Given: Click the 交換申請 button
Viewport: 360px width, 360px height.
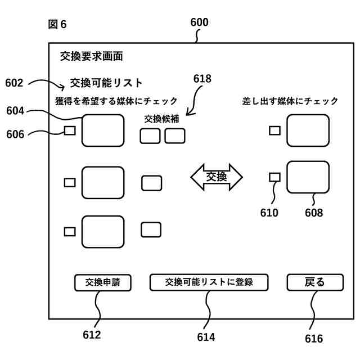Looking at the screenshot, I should (x=102, y=282).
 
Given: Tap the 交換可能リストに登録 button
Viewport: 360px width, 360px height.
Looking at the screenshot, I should (x=209, y=282).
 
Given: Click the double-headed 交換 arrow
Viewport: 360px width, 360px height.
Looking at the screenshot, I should (x=217, y=177).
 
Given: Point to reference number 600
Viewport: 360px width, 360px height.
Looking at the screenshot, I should (x=199, y=22).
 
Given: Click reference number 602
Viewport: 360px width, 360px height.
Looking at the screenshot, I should (x=14, y=83).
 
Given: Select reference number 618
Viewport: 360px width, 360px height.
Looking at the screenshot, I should (x=202, y=79).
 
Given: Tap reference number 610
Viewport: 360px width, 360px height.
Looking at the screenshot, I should (x=269, y=213).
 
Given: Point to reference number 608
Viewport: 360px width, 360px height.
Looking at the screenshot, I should (x=314, y=213).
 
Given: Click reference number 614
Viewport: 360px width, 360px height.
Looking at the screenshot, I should (x=206, y=337).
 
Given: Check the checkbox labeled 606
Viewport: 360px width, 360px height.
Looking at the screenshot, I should (x=70, y=130).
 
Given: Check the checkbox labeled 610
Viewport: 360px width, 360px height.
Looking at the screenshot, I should (x=274, y=177).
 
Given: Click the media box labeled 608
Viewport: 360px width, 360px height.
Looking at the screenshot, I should (x=308, y=177).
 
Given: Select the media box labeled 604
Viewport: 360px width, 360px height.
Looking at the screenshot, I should (x=103, y=130).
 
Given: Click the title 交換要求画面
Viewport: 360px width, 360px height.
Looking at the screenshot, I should (x=92, y=56).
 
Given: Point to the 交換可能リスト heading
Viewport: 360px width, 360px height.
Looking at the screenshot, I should (x=106, y=83).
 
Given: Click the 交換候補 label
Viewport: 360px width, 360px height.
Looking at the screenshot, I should (x=161, y=119).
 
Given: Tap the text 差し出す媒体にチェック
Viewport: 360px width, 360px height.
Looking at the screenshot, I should (x=290, y=101).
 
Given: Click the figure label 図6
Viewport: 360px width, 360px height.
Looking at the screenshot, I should (x=57, y=24).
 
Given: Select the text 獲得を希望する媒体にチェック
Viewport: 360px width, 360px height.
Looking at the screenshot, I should (x=116, y=101).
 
